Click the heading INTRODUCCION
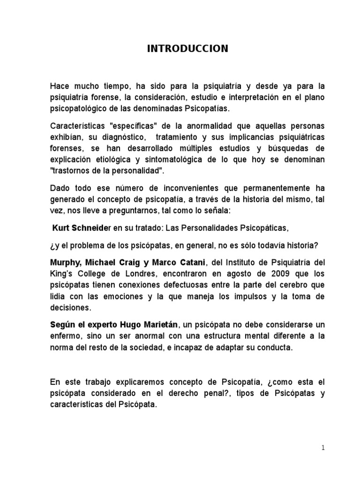180,48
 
